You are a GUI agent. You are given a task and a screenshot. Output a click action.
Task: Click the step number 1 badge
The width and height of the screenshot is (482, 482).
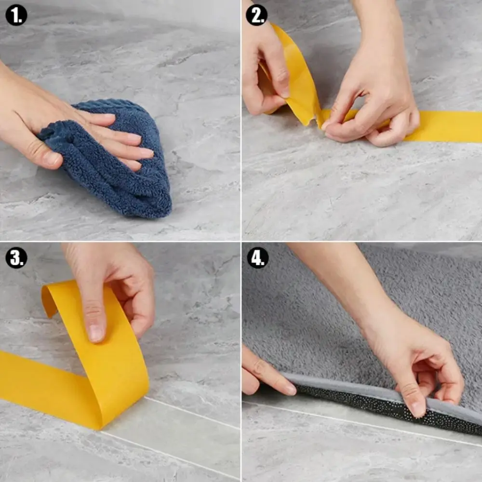[16, 15]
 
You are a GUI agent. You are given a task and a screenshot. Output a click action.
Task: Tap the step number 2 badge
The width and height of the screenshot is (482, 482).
[256, 15]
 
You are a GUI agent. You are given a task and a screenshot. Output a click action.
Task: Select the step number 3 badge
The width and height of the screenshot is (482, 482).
[16, 258]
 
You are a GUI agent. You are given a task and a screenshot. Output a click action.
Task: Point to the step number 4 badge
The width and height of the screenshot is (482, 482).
[257, 258]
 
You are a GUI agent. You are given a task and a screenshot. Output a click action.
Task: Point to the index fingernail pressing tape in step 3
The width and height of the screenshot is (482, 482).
[96, 333]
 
